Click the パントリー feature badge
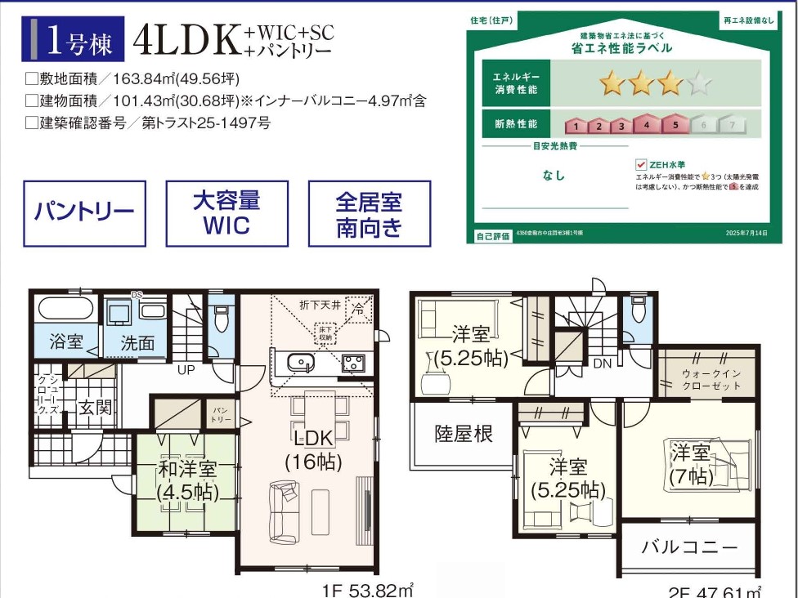[x=85, y=213]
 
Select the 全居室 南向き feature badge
[x=369, y=213]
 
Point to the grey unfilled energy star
[x=700, y=83]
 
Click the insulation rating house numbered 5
[x=675, y=125]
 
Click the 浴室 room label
[x=65, y=341]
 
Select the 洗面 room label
[x=137, y=343]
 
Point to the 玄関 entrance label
[x=94, y=407]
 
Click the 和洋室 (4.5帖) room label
[x=187, y=480]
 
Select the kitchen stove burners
[x=353, y=363]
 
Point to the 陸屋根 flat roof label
[x=464, y=434]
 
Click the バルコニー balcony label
[x=688, y=547]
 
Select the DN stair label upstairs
[x=603, y=363]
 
